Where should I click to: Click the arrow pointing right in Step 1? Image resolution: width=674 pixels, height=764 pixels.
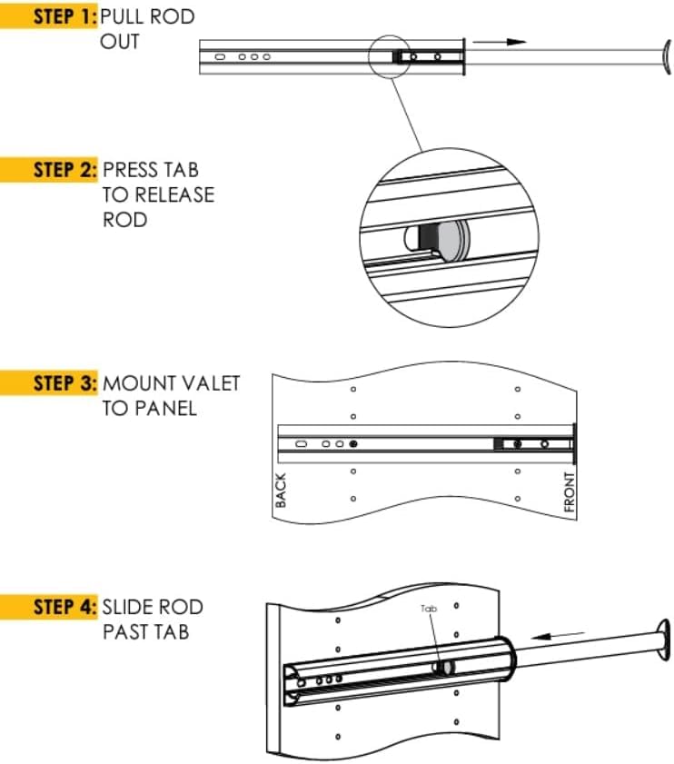point(505,42)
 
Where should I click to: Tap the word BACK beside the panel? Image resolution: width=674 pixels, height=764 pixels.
point(281,491)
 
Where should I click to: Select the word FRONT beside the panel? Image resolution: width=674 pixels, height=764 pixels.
point(570,493)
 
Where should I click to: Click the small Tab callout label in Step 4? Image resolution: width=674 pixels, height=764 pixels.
point(429,610)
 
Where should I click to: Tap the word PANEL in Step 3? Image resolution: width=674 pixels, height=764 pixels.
point(166,408)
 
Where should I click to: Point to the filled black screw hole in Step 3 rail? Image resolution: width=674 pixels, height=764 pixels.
point(352,444)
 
